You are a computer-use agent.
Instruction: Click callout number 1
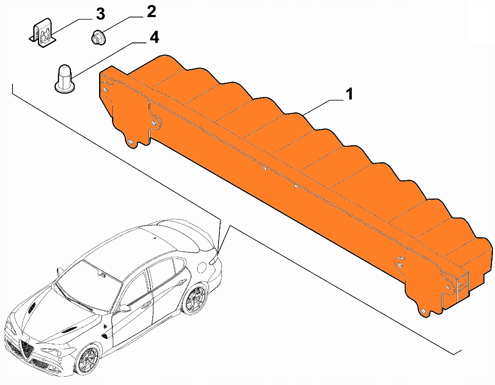(349, 94)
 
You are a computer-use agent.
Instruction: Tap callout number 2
(152, 12)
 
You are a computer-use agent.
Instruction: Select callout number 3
(100, 14)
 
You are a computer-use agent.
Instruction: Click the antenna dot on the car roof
(155, 238)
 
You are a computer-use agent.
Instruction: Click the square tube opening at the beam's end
(462, 286)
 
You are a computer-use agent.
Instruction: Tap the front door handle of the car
(146, 305)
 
